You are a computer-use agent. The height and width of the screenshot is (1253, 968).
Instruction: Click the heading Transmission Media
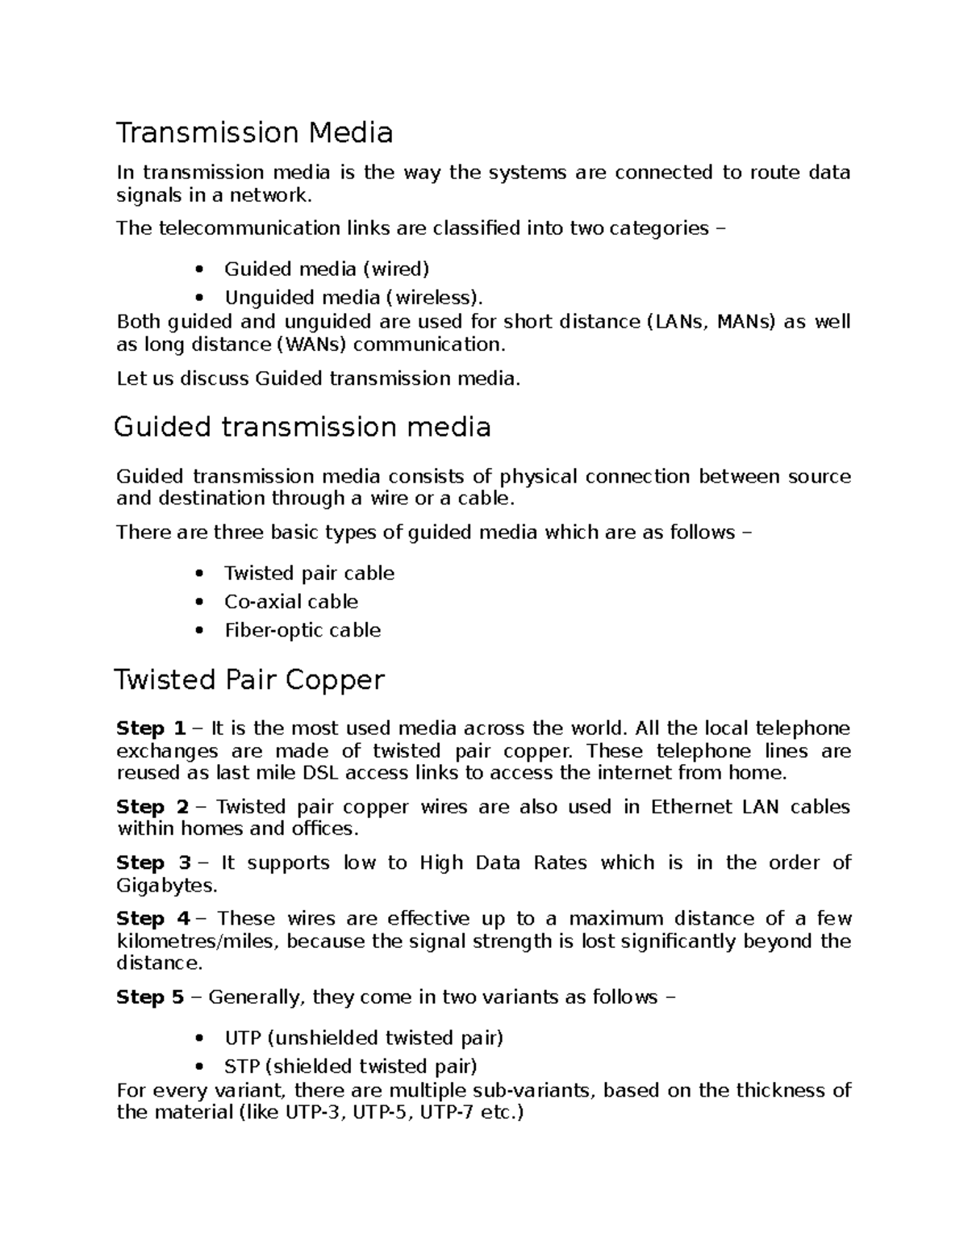click(254, 133)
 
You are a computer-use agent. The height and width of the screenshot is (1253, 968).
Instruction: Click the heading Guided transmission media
click(302, 427)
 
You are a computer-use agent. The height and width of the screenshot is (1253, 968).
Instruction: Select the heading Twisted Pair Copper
click(249, 680)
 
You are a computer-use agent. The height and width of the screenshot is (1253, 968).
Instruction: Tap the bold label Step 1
click(151, 729)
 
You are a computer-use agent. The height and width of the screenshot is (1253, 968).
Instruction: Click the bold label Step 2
click(152, 807)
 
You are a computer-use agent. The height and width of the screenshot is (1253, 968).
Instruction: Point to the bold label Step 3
click(153, 863)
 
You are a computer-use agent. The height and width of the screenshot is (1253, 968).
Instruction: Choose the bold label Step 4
click(152, 919)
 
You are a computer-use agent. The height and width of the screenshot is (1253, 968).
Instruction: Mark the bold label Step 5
click(151, 997)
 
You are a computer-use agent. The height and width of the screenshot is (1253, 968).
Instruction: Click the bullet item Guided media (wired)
click(326, 269)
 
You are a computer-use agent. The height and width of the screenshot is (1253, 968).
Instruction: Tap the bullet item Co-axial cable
click(290, 602)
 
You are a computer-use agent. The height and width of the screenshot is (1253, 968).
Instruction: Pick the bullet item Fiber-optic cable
click(302, 630)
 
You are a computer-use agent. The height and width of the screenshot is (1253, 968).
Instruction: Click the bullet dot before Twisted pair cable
click(199, 574)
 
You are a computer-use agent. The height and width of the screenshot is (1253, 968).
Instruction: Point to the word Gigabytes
click(166, 886)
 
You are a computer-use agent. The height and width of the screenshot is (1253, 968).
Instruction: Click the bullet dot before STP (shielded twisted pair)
click(199, 1067)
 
